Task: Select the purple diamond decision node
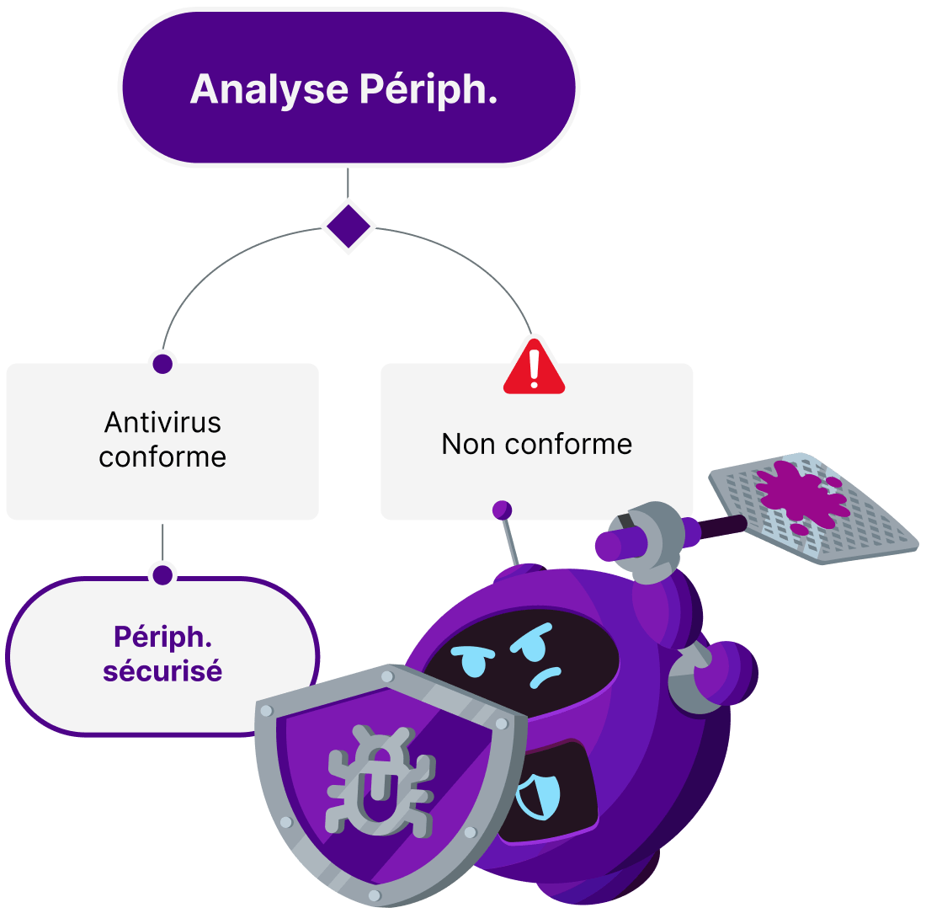pyautogui.click(x=348, y=226)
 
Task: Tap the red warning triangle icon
pyautogui.click(x=534, y=367)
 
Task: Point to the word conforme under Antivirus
pyautogui.click(x=162, y=457)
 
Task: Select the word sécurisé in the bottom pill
pyautogui.click(x=162, y=671)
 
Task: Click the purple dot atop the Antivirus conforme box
pyautogui.click(x=162, y=363)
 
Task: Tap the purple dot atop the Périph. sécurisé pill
pyautogui.click(x=162, y=574)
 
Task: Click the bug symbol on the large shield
pyautogui.click(x=381, y=781)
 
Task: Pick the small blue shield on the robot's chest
pyautogui.click(x=538, y=796)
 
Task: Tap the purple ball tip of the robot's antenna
pyautogui.click(x=502, y=509)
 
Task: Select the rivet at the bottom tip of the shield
pyautogui.click(x=375, y=894)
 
